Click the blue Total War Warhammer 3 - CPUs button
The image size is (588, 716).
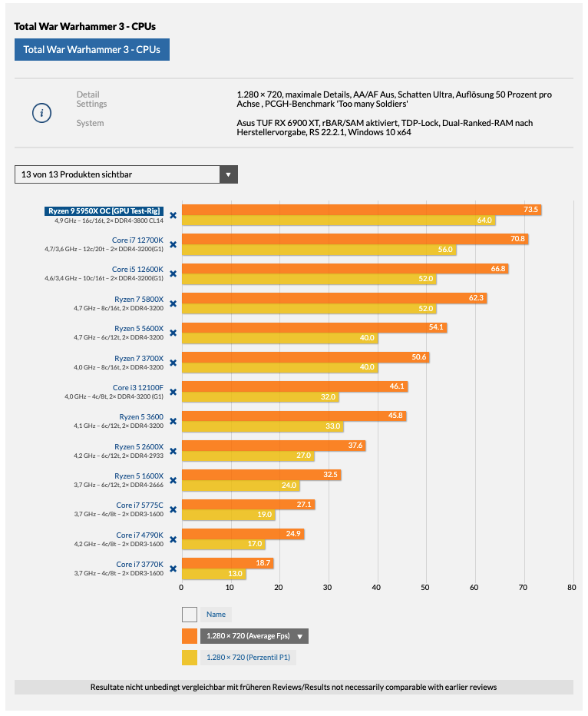click(91, 50)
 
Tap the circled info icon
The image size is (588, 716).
click(41, 113)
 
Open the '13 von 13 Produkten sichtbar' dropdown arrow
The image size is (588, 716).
click(228, 174)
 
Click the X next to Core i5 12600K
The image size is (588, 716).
click(173, 273)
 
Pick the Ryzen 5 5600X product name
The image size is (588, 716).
click(139, 328)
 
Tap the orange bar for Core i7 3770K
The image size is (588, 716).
click(227, 563)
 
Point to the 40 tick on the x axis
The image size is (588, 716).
click(376, 588)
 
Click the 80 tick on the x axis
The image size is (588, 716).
click(571, 588)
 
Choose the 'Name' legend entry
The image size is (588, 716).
click(216, 615)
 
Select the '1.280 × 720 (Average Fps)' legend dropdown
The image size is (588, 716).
click(254, 636)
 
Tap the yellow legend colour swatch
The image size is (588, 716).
click(190, 658)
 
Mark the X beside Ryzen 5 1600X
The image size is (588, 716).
click(173, 480)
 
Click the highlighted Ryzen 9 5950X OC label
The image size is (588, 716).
click(104, 210)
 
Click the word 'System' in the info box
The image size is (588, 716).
click(90, 123)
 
